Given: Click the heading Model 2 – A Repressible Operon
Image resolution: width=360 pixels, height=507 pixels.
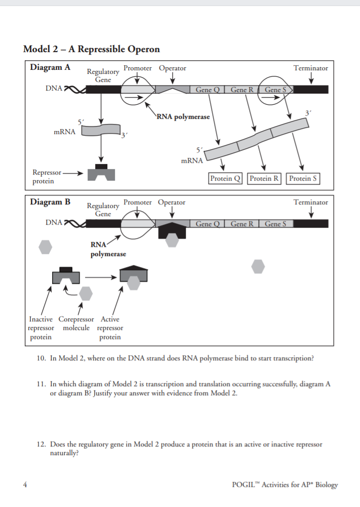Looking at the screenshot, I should tap(91, 49).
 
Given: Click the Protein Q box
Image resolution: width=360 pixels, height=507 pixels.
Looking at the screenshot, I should tap(226, 178).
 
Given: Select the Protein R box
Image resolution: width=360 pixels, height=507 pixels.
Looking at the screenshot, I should tap(265, 178).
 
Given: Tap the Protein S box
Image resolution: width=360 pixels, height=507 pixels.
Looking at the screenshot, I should tap(303, 178).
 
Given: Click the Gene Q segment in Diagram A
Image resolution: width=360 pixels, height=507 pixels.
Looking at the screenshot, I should tap(207, 90).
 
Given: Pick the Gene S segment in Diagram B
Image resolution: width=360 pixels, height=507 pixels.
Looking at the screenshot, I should tap(275, 224).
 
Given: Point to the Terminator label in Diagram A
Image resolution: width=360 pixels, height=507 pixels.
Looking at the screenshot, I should tap(310, 68).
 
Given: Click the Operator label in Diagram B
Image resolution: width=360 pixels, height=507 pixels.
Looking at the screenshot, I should tap(172, 202).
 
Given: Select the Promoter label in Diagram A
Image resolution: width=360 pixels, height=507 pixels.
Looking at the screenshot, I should tap(138, 68).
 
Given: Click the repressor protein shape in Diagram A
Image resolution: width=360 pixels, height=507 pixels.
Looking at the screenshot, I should tap(101, 173).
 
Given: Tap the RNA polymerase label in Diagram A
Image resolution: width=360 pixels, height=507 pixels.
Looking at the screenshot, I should tap(183, 117).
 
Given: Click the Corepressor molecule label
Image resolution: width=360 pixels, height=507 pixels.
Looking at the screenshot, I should tap(76, 323).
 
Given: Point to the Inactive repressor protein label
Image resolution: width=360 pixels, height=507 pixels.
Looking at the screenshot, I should tap(41, 328).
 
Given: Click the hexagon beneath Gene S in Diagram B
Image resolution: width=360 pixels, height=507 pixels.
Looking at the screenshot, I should tap(258, 266).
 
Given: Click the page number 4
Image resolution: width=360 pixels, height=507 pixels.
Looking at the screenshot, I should tap(25, 484).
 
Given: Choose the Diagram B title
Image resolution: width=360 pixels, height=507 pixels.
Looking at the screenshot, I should tap(50, 202).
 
